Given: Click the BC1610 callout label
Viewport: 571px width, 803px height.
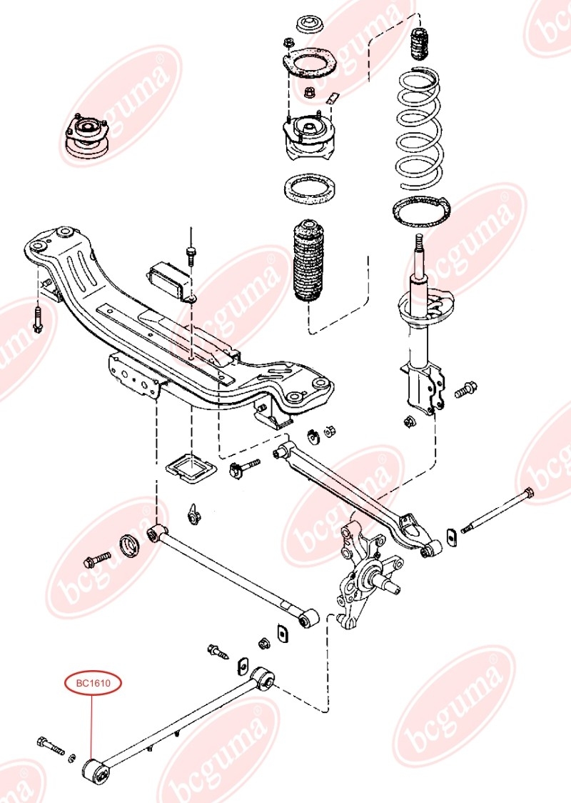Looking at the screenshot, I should (x=94, y=684).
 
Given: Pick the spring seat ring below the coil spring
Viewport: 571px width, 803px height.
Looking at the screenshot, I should (x=423, y=211).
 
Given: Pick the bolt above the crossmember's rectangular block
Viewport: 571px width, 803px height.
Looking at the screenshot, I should (x=191, y=254).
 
